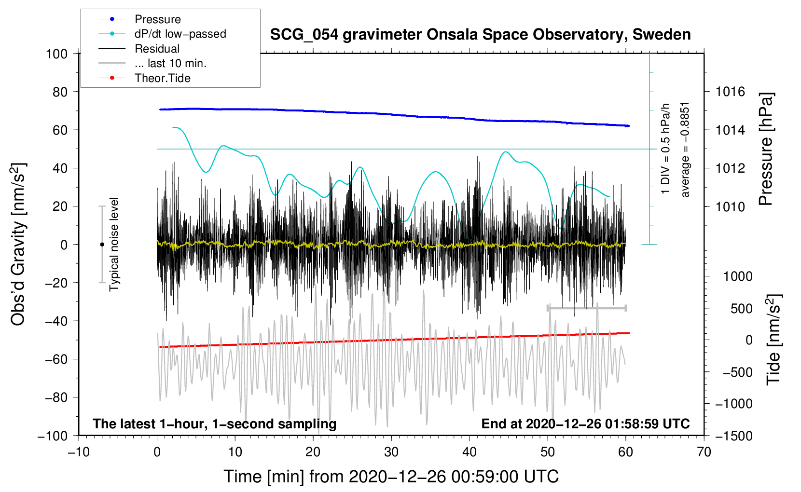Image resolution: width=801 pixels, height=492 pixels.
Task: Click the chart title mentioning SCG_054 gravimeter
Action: tap(480, 35)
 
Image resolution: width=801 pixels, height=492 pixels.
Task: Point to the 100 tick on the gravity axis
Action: tap(57, 54)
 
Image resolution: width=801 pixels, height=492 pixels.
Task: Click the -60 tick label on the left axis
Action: tap(56, 359)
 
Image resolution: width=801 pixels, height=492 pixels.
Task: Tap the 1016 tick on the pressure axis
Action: tap(730, 92)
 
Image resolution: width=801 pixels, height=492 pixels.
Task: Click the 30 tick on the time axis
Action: tap(391, 452)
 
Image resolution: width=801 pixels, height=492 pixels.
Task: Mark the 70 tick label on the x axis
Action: tap(704, 452)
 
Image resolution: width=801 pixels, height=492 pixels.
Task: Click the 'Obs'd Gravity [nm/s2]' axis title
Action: tap(18, 244)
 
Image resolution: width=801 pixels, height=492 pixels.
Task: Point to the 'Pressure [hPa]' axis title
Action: tap(766, 149)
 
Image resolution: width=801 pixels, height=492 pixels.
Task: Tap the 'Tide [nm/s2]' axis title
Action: tap(773, 340)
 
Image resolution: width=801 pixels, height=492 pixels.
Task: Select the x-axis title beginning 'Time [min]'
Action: tap(391, 477)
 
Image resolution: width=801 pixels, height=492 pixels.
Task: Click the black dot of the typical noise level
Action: tap(102, 245)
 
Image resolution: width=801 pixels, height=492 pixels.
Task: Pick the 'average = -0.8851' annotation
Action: tap(685, 150)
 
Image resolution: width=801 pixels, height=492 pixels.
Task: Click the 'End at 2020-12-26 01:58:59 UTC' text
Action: tap(585, 424)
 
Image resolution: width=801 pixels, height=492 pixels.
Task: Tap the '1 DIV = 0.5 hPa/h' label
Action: tap(665, 149)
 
